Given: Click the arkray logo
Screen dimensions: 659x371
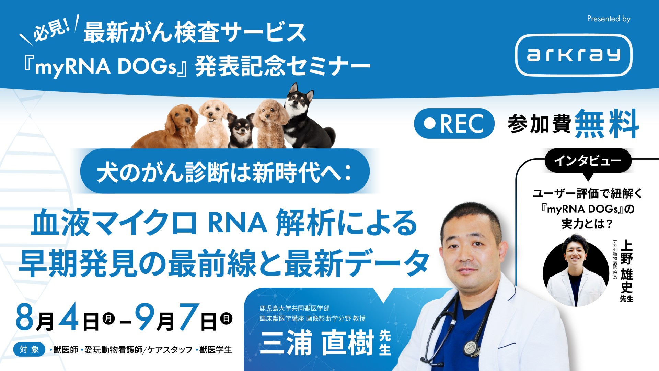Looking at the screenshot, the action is point(574,55).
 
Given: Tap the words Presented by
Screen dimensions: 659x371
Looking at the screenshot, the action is point(609,19).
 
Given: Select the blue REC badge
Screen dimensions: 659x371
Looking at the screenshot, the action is point(454,124).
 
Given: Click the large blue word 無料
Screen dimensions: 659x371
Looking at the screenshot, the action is point(606,124).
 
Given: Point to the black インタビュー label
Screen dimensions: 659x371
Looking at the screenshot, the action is point(588,160).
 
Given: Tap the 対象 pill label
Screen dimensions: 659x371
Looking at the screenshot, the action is point(29,349).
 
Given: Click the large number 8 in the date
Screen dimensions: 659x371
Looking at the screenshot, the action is point(25,317).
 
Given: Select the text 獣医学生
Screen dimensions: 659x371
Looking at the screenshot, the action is point(216,350).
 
